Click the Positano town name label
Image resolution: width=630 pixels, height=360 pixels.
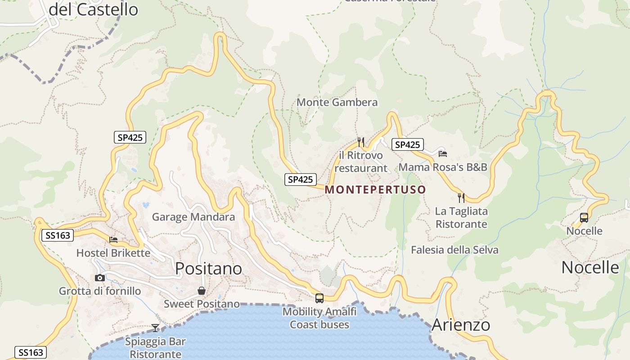[x=208, y=268]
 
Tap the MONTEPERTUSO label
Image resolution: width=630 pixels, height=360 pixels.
[x=375, y=189]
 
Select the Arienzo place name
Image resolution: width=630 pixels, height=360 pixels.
[x=460, y=325]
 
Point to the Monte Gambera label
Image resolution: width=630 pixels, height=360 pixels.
[x=337, y=103]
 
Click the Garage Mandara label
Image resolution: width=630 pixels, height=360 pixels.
[x=193, y=217]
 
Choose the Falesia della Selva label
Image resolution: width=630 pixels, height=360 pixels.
[x=454, y=250]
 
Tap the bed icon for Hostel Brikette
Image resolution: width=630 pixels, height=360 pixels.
[x=113, y=240]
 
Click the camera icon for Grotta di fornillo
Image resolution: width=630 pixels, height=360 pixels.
[x=100, y=278]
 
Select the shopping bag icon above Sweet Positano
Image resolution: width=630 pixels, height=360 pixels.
[x=201, y=291]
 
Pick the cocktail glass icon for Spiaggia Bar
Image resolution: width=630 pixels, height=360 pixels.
[x=155, y=328]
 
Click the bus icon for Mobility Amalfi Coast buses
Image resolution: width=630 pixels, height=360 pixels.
[x=319, y=298]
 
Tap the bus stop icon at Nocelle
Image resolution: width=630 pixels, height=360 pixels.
[x=584, y=218]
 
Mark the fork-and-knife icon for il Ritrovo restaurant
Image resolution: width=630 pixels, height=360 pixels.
[x=360, y=142]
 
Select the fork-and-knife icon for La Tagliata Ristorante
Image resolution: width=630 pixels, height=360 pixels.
[x=461, y=198]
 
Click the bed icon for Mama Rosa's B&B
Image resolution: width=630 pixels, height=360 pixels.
[x=443, y=153]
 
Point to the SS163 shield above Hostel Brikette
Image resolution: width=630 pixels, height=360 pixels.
[x=57, y=235]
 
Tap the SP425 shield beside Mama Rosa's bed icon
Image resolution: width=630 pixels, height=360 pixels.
[x=407, y=144]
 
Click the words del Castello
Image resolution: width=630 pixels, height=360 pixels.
[x=93, y=9]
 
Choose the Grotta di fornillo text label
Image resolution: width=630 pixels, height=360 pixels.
[x=100, y=291]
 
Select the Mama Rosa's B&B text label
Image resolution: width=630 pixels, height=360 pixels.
[x=443, y=167]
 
